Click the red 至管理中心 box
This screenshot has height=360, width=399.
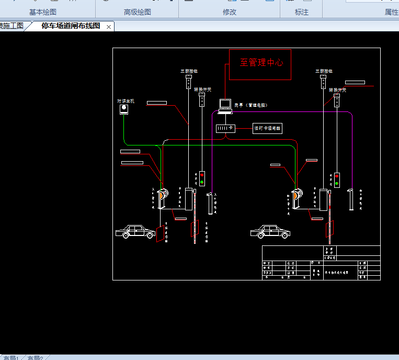(260, 64)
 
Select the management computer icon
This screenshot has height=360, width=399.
(225, 106)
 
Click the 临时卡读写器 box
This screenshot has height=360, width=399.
(267, 128)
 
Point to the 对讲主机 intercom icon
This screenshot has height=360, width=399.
(124, 109)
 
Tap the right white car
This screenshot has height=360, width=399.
(270, 231)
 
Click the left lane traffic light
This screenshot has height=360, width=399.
(202, 178)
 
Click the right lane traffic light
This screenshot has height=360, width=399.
(337, 180)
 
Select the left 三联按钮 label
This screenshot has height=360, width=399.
(188, 71)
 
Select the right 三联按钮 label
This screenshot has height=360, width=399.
(324, 71)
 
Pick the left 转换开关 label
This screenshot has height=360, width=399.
(202, 89)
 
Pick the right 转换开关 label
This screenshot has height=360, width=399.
(337, 89)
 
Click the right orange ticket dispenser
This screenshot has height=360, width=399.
(297, 196)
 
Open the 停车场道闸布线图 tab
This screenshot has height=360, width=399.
(71, 26)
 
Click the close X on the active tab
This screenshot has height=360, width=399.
(109, 27)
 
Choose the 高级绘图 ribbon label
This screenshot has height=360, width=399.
(138, 12)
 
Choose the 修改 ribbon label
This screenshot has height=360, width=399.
(230, 12)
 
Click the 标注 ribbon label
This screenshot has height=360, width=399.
(302, 12)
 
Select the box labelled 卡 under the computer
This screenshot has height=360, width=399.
(225, 128)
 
